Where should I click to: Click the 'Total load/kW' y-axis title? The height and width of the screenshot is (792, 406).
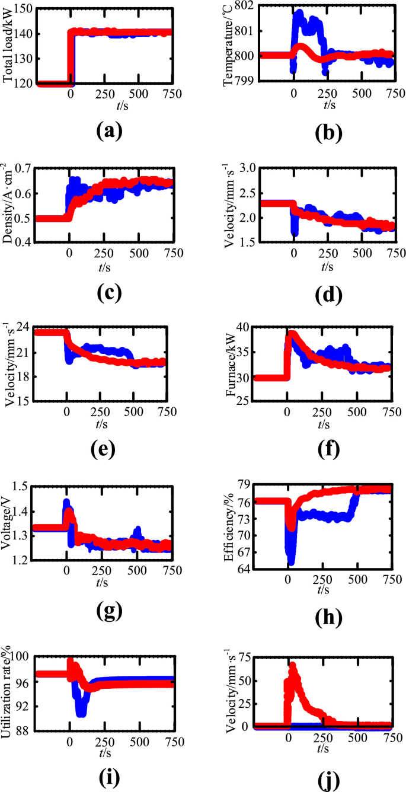tap(8, 46)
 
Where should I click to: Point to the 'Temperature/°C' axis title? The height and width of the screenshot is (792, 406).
tap(228, 46)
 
